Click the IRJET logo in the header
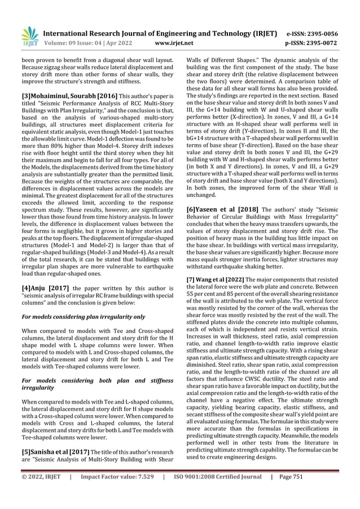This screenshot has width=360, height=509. coord(29,36)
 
